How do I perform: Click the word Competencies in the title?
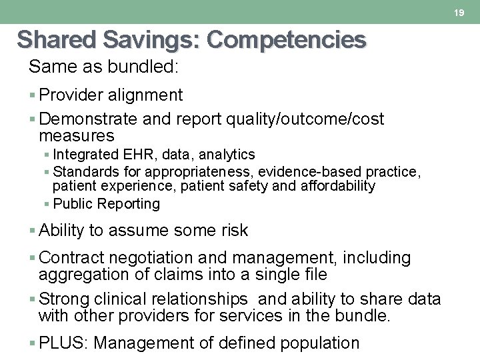287,40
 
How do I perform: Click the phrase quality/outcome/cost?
305,119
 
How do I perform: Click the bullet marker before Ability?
33,231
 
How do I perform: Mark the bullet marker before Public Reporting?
47,204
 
